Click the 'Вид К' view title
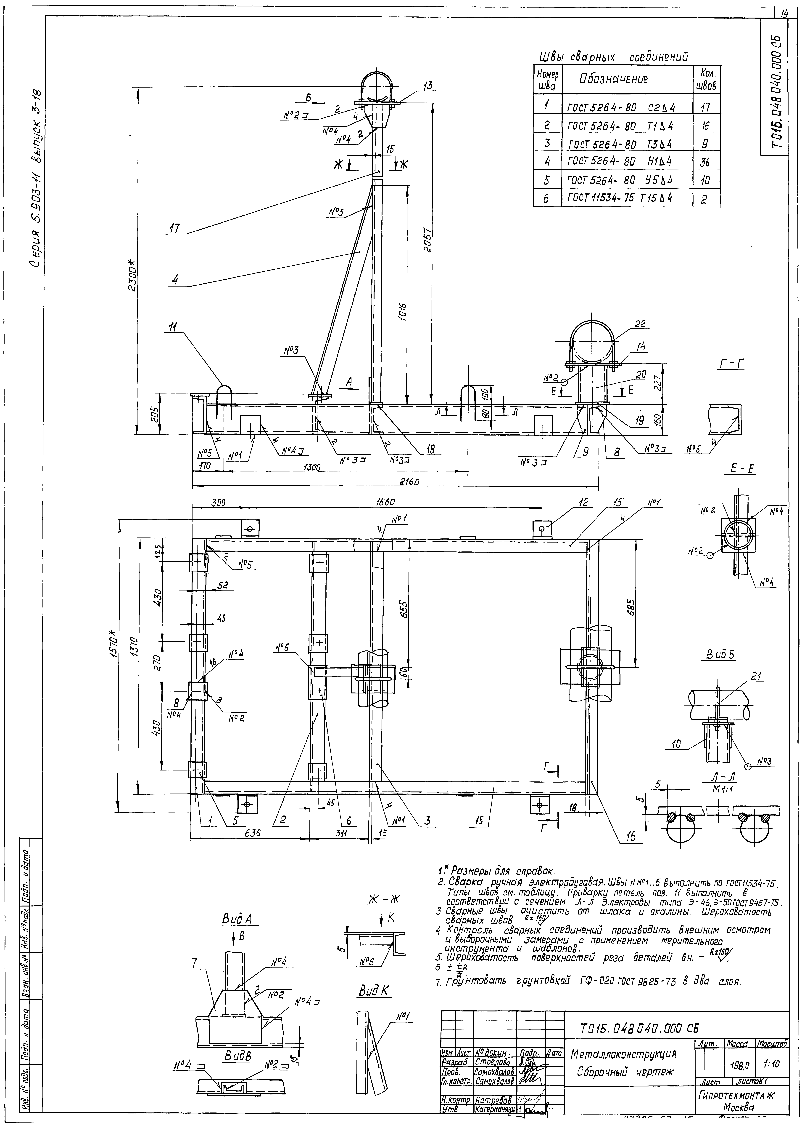pyautogui.click(x=374, y=991)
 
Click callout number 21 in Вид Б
pyautogui.click(x=756, y=676)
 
